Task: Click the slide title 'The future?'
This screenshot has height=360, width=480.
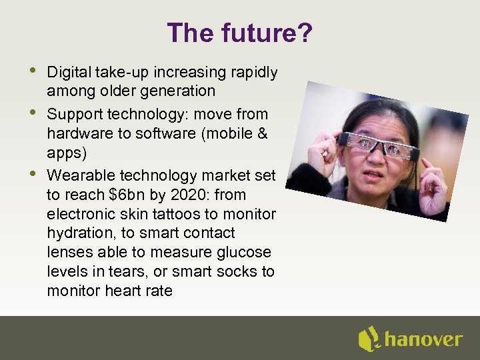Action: pos(239,33)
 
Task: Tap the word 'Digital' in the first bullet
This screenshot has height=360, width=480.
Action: pos(69,71)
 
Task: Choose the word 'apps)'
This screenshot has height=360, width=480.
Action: pos(65,153)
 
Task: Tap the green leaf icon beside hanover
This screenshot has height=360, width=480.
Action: pos(369,339)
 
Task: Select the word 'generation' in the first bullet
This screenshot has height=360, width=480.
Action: pos(180,91)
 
